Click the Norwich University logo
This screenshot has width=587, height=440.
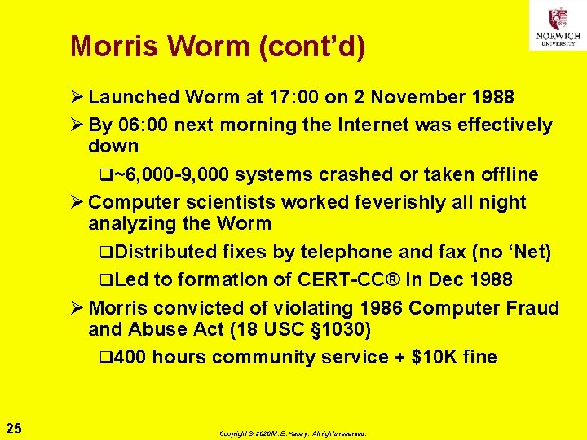point(558,26)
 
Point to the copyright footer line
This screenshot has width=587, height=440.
point(293,433)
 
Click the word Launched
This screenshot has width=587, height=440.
point(134,98)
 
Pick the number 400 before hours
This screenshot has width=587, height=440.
point(130,357)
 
